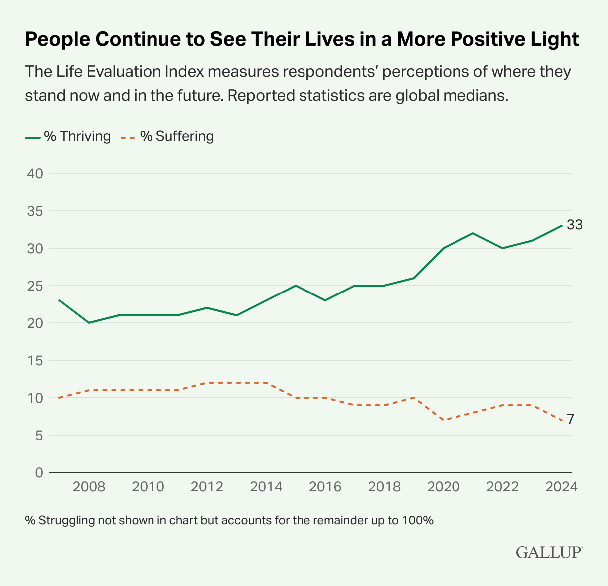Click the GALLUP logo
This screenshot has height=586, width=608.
549,552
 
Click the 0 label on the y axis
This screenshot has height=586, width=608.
39,472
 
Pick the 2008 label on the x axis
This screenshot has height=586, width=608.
89,487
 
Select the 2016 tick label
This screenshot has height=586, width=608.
325,487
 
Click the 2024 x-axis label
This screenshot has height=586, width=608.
561,487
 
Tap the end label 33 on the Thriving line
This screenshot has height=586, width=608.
574,225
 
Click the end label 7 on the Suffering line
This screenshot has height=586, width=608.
570,420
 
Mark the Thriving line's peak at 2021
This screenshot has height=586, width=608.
473,233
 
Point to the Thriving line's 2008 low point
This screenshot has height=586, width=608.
89,323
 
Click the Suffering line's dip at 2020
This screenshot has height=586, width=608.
444,420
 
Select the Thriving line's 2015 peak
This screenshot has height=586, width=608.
296,286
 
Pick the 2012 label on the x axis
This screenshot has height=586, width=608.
207,487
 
